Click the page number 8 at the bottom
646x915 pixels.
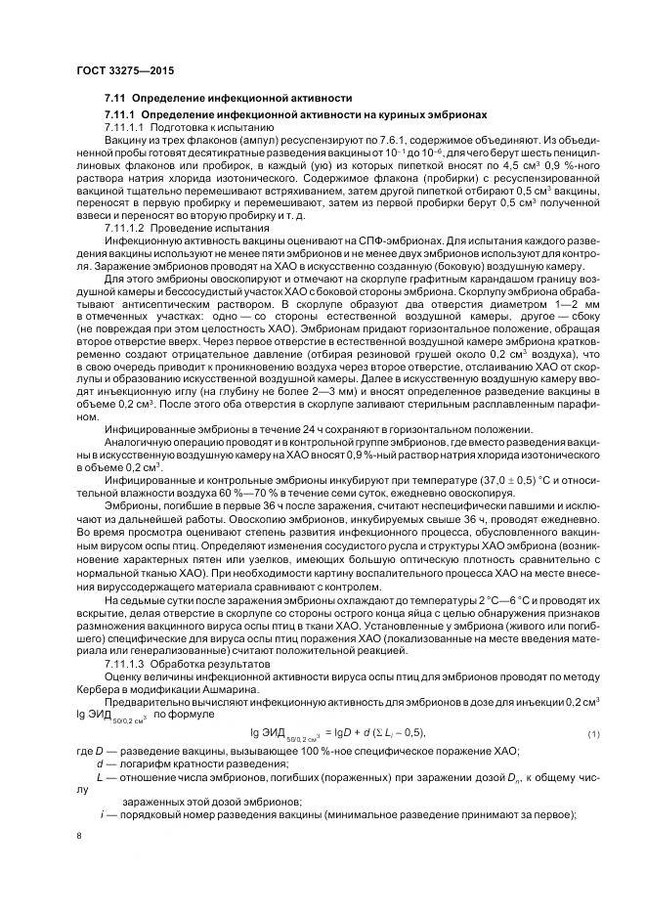79,836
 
